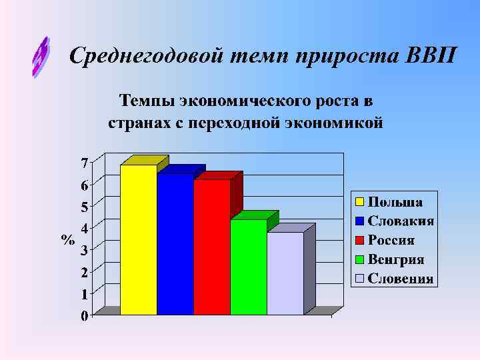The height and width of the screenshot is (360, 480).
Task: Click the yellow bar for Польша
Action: pos(139,240)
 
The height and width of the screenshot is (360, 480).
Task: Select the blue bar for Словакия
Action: pos(175,245)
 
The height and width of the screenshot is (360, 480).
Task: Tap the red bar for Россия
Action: pos(212,247)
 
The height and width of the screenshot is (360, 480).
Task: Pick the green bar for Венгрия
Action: pos(248,267)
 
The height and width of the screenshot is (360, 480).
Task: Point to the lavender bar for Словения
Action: pos(285,273)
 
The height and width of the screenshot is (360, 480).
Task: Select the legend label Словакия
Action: pos(401,221)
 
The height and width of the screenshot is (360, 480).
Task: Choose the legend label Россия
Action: pos(392,241)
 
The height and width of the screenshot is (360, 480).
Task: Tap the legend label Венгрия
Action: pos(397,260)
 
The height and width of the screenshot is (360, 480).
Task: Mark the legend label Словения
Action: pos(401,279)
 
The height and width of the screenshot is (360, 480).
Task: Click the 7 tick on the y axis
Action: pos(84,163)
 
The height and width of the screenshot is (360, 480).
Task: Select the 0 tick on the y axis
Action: pos(84,316)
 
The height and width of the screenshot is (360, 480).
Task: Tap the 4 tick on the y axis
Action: pos(84,229)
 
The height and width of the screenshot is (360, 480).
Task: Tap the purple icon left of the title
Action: pos(41,57)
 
